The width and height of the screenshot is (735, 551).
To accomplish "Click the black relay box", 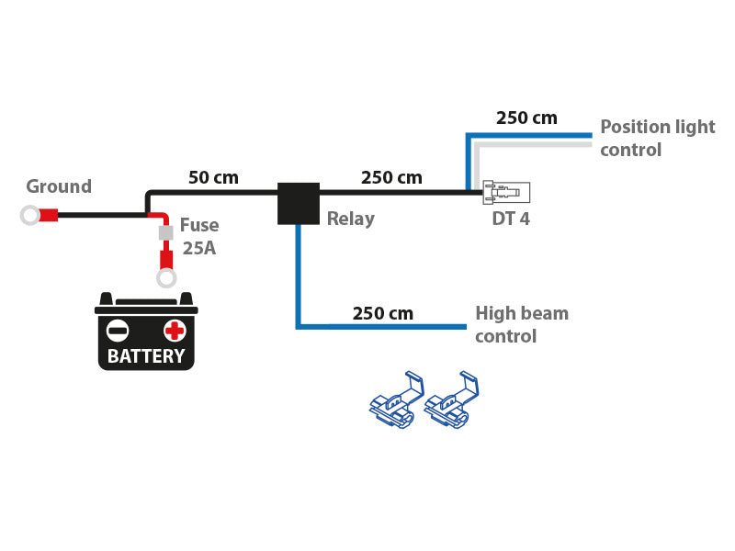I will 299,203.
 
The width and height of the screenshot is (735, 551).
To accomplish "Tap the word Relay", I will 351,219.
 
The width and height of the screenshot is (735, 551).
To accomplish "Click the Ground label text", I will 59,186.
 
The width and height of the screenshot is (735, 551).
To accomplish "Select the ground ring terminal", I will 30,216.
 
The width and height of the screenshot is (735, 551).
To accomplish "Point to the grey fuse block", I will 166,233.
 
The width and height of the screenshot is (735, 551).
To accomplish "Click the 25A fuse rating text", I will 198,248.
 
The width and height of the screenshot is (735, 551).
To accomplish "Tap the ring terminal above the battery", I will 166,277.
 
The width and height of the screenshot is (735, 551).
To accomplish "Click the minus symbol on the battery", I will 118,331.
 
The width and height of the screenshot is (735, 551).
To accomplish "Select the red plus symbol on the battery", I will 175,331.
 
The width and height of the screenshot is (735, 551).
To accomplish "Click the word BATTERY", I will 146,356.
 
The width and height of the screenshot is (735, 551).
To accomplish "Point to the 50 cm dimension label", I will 213,177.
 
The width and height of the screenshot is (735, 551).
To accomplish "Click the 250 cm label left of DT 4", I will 391,177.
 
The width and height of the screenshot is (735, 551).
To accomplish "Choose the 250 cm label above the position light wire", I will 526,118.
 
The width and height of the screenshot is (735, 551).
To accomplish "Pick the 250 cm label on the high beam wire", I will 383,313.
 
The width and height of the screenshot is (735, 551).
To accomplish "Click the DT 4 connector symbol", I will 506,192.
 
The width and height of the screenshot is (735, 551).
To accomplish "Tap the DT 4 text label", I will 511,219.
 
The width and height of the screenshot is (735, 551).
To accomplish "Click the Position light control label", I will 657,138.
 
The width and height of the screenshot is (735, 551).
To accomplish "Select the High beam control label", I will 521,325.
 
